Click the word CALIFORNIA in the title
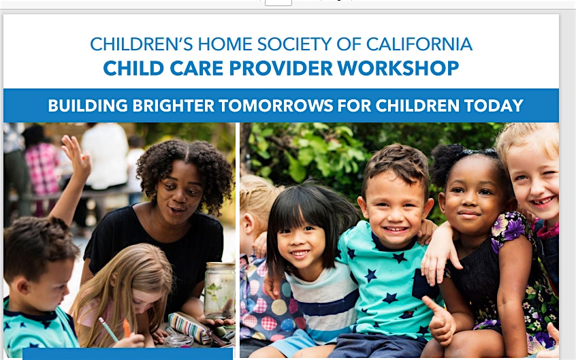(419, 44)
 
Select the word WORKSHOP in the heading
(398, 68)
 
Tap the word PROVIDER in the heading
(281, 68)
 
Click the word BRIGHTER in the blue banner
(174, 105)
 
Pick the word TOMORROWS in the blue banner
(276, 105)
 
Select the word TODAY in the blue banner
(494, 105)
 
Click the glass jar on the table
(220, 290)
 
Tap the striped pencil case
(190, 327)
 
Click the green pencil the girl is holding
(108, 329)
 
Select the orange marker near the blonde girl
(127, 328)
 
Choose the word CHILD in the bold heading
(133, 68)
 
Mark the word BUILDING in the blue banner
(88, 105)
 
